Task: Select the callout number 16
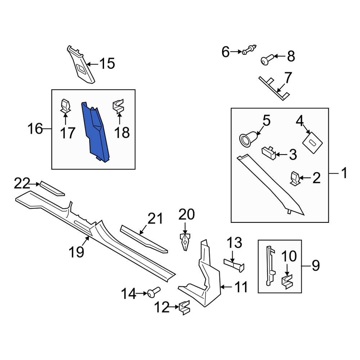pyautogui.click(x=35, y=129)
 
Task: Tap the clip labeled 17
pyautogui.click(x=65, y=106)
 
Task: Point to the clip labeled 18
pyautogui.click(x=119, y=106)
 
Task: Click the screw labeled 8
pyautogui.click(x=266, y=60)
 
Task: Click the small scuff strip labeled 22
pyautogui.click(x=51, y=188)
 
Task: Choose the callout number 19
pyautogui.click(x=77, y=252)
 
